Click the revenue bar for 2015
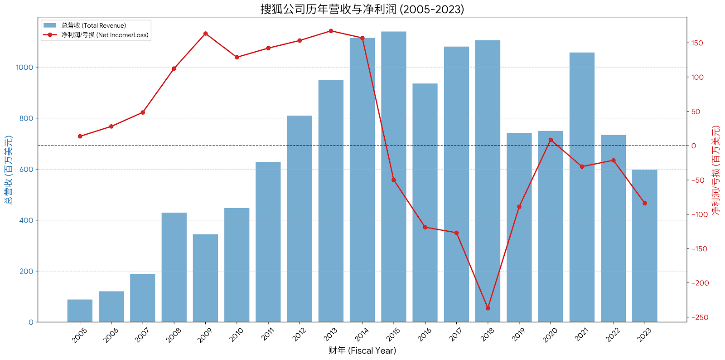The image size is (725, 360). pyautogui.click(x=393, y=177)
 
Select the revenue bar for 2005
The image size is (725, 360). pyautogui.click(x=80, y=311)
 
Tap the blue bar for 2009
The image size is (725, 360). pyautogui.click(x=205, y=278)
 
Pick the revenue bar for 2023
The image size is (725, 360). pyautogui.click(x=644, y=246)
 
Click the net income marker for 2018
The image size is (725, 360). pyautogui.click(x=488, y=308)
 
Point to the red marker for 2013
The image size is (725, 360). pyautogui.click(x=331, y=31)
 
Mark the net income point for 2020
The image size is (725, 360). pyautogui.click(x=551, y=140)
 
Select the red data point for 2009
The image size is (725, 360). pyautogui.click(x=205, y=34)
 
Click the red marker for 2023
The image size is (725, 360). pyautogui.click(x=644, y=203)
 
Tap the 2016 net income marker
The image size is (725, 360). pyautogui.click(x=425, y=227)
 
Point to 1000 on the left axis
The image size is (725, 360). pyautogui.click(x=24, y=67)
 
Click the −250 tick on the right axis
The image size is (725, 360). pyautogui.click(x=699, y=317)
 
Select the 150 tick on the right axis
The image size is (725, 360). pyautogui.click(x=697, y=43)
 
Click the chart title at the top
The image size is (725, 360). pyautogui.click(x=362, y=9)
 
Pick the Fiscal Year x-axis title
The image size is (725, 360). pyautogui.click(x=362, y=350)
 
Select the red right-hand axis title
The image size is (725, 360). pyautogui.click(x=715, y=170)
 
